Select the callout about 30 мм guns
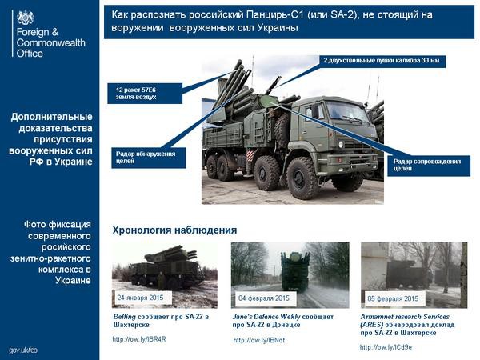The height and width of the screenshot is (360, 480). click(x=381, y=61)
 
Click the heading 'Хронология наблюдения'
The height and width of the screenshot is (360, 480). click(x=174, y=230)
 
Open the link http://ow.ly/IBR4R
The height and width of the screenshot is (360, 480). click(x=139, y=339)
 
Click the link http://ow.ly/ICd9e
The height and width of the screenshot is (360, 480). click(x=386, y=347)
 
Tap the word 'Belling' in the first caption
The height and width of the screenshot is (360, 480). click(x=126, y=317)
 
